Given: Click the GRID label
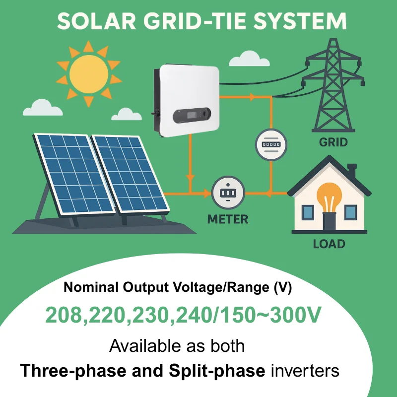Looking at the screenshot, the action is [x=333, y=143].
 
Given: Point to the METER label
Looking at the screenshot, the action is [x=228, y=219].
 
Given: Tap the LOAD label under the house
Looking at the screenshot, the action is [x=329, y=244].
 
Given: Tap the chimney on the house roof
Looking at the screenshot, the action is [x=352, y=171].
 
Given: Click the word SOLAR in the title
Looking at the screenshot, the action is [x=90, y=21].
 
